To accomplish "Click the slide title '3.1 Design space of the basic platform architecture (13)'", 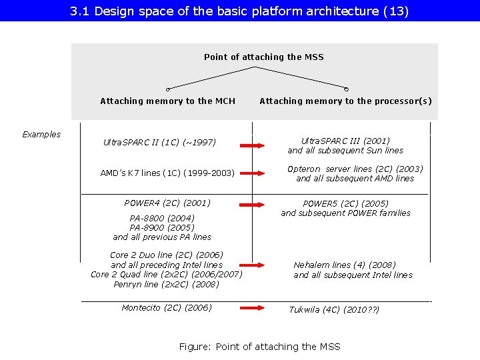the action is [239, 11].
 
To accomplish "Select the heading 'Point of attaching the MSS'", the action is [263, 57].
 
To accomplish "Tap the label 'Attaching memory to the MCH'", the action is [167, 101].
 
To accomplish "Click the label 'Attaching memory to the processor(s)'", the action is [345, 101].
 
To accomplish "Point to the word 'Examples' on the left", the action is [41, 135].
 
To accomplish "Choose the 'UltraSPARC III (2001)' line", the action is [345, 141].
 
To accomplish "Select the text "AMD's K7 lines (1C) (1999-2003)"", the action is [167, 173].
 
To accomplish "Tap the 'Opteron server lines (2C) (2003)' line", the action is [355, 169].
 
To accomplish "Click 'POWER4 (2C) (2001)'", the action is [167, 203].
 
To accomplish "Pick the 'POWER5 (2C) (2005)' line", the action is [345, 204].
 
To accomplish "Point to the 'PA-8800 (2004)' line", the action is [162, 218].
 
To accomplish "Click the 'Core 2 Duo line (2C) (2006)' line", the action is [167, 255].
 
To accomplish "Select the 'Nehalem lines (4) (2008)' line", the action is [345, 265].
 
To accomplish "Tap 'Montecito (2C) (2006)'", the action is [167, 308].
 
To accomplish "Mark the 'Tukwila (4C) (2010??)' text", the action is [334, 310].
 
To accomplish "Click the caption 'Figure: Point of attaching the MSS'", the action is [260, 347].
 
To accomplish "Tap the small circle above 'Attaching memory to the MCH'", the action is [168, 89].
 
